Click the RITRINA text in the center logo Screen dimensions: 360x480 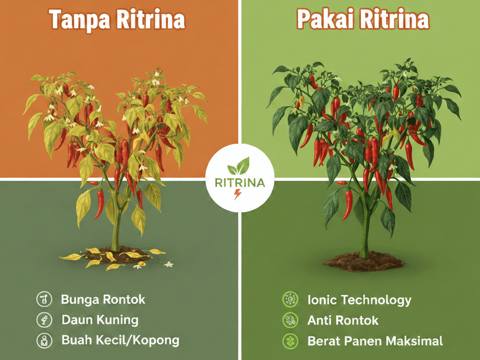[240, 182]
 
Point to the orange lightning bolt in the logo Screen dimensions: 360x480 [238, 195]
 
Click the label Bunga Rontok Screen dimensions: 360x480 [103, 299]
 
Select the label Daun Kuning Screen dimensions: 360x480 [100, 320]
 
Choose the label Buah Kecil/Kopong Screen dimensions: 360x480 [120, 340]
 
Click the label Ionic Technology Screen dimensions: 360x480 [359, 300]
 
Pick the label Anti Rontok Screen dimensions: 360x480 [343, 321]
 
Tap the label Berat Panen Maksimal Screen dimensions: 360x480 [375, 341]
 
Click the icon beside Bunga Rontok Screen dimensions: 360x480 [43, 299]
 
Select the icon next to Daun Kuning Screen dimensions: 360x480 [43, 320]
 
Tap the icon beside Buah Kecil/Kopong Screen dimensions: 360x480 [43, 340]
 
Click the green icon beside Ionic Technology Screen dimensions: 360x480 [289, 299]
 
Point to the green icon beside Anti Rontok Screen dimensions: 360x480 [289, 320]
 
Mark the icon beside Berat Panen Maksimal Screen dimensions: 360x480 [289, 340]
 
